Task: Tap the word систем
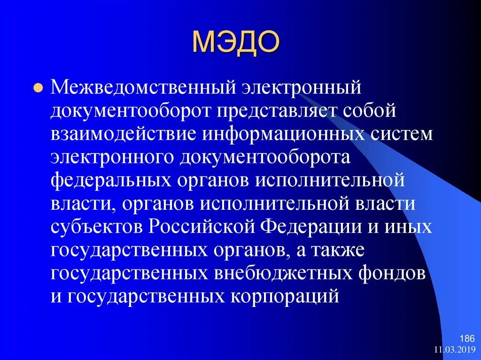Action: (396, 134)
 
